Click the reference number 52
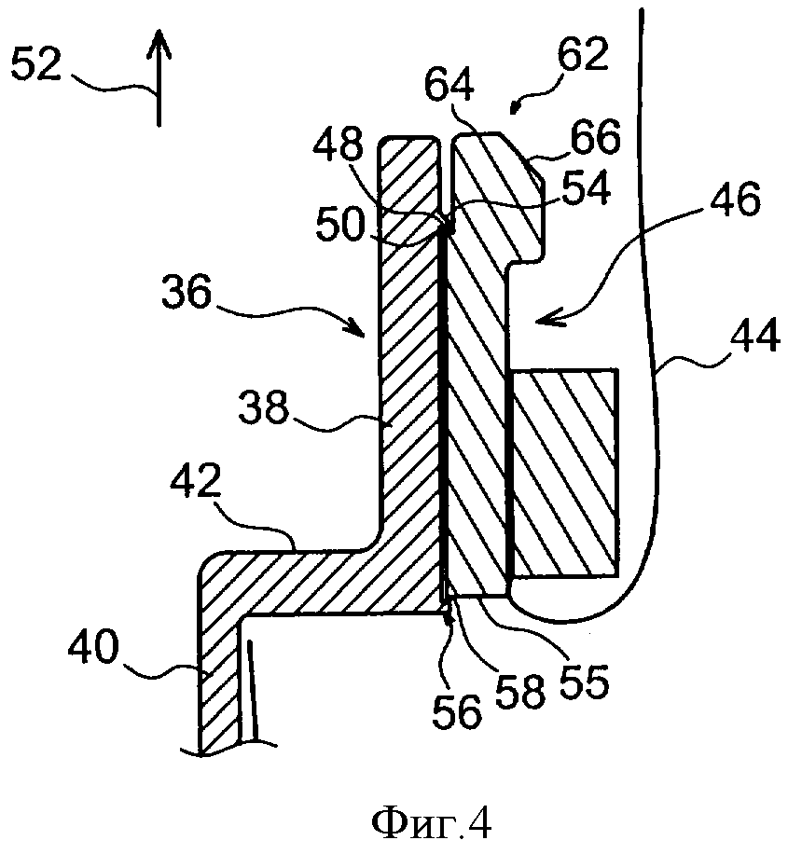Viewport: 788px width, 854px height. point(35,63)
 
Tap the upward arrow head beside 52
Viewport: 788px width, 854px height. point(159,44)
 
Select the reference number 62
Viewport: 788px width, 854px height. point(583,54)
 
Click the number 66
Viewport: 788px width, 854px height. point(596,136)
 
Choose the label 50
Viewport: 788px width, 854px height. point(340,224)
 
